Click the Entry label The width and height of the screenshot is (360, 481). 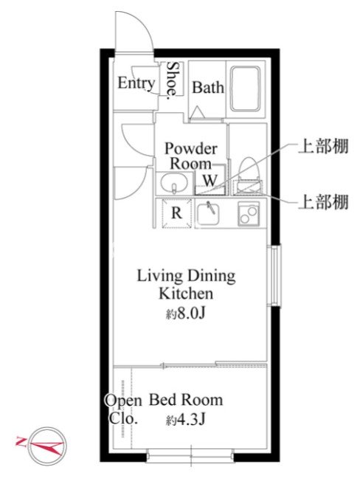coord(136,83)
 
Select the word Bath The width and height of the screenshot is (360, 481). coord(208,88)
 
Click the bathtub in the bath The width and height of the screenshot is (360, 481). coord(246,89)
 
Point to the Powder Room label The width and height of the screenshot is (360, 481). coord(191,156)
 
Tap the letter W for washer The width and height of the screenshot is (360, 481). coord(210,180)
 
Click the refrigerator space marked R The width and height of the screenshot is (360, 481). coord(176,213)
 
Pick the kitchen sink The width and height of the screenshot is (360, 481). coord(208,213)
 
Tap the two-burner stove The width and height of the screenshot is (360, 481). coord(249,214)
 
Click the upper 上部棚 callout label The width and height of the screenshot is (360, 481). coord(324,146)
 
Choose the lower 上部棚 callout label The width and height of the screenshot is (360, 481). coord(324,202)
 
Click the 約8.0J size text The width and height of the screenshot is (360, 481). coord(185,314)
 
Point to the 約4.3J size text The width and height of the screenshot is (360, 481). coord(185,420)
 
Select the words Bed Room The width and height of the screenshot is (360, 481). coord(186,400)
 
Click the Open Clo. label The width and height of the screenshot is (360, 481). coord(123,409)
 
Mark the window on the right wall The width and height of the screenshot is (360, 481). coord(274,275)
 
